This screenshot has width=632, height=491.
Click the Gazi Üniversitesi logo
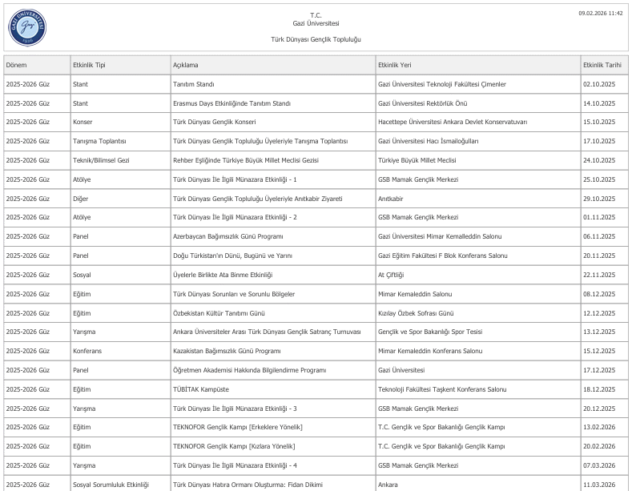click(x=28, y=26)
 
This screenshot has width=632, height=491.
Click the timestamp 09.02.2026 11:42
click(x=601, y=14)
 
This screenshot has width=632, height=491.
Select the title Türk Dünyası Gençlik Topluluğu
click(x=316, y=39)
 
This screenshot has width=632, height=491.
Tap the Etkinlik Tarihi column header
click(x=603, y=64)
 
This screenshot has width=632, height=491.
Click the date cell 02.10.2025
click(x=599, y=84)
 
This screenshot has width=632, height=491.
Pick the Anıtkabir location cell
click(x=390, y=198)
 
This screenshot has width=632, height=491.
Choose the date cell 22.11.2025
click(x=599, y=275)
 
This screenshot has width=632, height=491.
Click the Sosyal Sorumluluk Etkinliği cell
click(x=111, y=485)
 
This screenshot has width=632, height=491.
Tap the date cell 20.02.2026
click(x=599, y=446)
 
